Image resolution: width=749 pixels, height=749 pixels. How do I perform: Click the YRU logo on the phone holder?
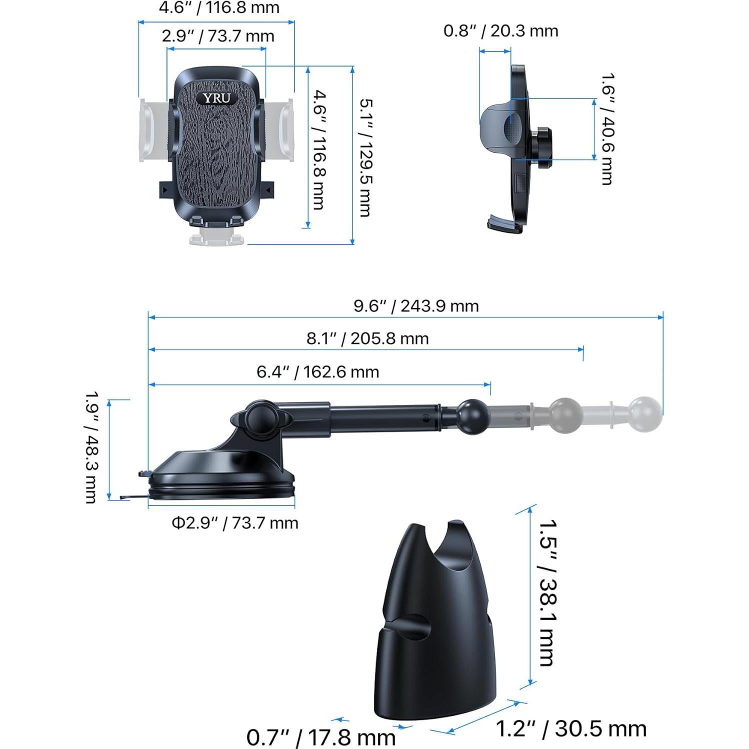tap(216, 98)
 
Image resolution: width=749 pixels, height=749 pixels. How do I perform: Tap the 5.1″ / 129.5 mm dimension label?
tap(366, 157)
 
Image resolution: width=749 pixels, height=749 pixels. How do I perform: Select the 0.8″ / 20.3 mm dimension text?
tap(500, 31)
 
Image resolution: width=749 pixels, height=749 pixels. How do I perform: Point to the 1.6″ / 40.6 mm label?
tap(607, 129)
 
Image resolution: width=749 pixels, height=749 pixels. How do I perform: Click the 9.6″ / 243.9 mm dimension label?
tap(416, 305)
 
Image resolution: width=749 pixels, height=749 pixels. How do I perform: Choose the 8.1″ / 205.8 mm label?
tap(367, 338)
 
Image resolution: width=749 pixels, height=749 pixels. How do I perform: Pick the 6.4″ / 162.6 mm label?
tap(318, 372)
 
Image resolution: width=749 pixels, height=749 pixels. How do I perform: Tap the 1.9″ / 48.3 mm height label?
tap(91, 446)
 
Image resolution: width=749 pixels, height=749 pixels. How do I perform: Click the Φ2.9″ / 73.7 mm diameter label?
tap(235, 523)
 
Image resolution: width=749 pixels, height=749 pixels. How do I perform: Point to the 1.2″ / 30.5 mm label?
tap(570, 728)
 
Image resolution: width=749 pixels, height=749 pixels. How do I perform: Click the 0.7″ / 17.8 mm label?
tap(321, 737)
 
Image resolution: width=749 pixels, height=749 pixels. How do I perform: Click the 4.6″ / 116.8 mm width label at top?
tap(219, 8)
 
